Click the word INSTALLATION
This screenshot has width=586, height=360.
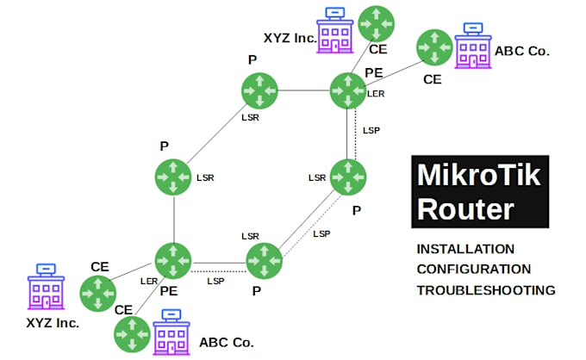pyautogui.click(x=465, y=249)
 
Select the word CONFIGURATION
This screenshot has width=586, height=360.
pyautogui.click(x=473, y=270)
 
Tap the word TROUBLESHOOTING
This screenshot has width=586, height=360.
pyautogui.click(x=486, y=290)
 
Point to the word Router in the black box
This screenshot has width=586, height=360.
pyautogui.click(x=464, y=208)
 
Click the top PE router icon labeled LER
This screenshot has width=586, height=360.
pyautogui.click(x=348, y=90)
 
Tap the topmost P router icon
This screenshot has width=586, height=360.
pyautogui.click(x=259, y=89)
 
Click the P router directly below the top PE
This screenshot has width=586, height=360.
pyautogui.click(x=348, y=177)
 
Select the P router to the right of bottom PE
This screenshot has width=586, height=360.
pyautogui.click(x=264, y=259)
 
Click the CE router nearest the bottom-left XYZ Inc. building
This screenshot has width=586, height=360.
pyautogui.click(x=98, y=293)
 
